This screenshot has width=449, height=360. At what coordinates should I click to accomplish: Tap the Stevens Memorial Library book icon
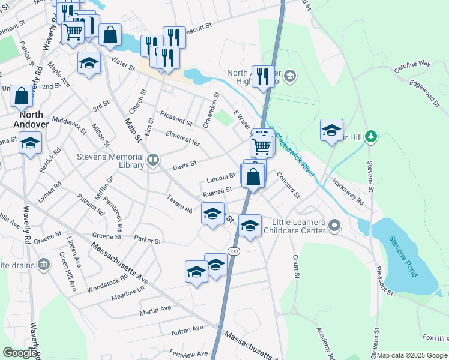click(x=154, y=160)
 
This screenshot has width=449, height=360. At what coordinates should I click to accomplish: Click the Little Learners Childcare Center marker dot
click(x=335, y=227)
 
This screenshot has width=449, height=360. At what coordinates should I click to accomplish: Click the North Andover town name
click(x=34, y=119)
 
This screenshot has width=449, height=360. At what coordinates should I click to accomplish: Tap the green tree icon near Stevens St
click(x=371, y=137)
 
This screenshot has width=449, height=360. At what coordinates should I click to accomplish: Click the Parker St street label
click(x=148, y=241)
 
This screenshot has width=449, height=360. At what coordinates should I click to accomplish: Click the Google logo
click(x=20, y=353)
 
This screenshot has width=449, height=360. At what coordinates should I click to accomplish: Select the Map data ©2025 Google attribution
click(x=411, y=355)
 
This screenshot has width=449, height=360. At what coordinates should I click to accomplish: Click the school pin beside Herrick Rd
click(x=29, y=144)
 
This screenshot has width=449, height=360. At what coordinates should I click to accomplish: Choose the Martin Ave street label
click(x=155, y=310)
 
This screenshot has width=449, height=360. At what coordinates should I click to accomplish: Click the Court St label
click(x=296, y=266)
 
